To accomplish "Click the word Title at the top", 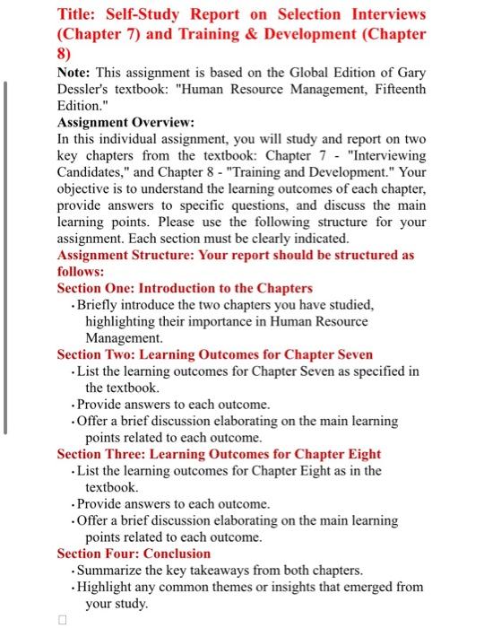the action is (78, 14).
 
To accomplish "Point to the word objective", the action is (87, 191).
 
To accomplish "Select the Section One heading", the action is (185, 288).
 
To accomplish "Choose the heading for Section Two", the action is (214, 354).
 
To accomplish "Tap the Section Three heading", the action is (218, 454).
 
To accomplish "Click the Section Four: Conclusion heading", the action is (134, 554).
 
